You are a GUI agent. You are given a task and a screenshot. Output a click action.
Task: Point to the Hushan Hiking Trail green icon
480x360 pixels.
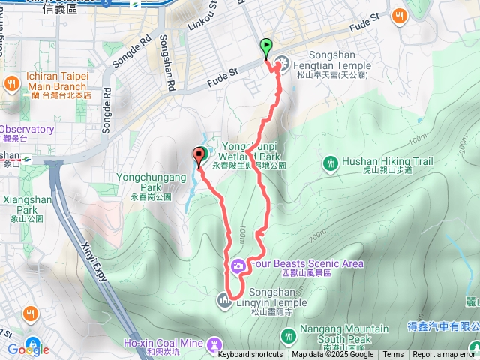point(330,163)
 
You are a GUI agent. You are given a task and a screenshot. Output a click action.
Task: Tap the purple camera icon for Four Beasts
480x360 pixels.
point(238,264)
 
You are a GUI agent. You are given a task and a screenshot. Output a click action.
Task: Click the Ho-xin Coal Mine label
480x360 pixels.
point(163,343)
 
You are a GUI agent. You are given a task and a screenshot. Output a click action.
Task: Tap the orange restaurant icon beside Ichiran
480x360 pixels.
point(11,82)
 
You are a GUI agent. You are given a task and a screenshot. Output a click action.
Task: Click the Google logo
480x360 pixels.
point(28,349)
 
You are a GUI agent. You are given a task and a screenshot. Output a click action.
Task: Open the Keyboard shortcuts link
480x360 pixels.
point(250,355)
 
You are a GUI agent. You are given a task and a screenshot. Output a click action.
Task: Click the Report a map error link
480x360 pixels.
point(444,355)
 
